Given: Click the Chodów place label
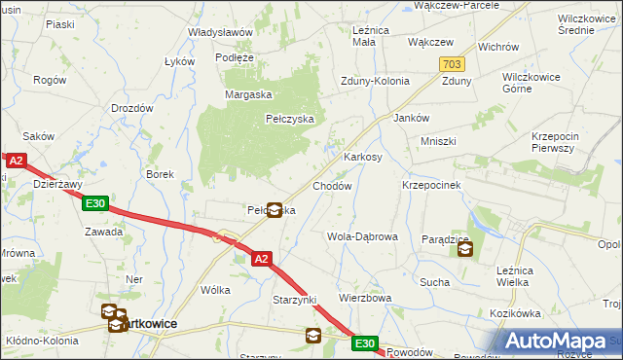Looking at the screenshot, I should (x=331, y=186).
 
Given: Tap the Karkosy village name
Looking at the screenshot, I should (x=363, y=157).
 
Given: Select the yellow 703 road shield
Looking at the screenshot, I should (x=451, y=63).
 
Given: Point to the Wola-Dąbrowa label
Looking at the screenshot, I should (x=362, y=236).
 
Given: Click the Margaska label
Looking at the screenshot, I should (x=247, y=94).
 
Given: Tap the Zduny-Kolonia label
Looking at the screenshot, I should (x=375, y=82).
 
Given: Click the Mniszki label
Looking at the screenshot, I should (x=438, y=141).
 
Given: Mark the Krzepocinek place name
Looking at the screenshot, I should (x=430, y=185).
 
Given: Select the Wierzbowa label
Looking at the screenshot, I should (x=365, y=298).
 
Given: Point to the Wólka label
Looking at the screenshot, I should (x=214, y=290).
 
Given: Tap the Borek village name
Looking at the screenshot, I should (x=160, y=174).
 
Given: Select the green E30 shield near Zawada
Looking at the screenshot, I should (x=94, y=203).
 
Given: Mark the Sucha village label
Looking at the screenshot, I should (x=434, y=281).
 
